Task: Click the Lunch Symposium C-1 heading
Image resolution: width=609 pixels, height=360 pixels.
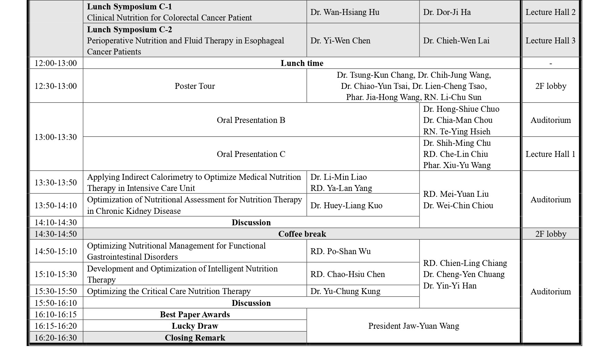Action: [129, 7]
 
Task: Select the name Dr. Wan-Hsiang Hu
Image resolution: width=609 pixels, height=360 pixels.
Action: [345, 12]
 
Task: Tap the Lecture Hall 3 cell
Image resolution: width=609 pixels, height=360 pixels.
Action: [550, 41]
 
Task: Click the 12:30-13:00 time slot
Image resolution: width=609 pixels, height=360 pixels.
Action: [56, 86]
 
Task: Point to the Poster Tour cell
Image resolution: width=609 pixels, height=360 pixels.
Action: [195, 86]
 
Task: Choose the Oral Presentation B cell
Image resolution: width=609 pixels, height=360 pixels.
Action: [251, 120]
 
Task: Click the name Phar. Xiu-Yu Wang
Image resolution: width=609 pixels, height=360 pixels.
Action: [457, 165]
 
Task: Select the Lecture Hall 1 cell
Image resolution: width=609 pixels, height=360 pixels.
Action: [550, 154]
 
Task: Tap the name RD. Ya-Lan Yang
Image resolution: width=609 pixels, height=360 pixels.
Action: [341, 188]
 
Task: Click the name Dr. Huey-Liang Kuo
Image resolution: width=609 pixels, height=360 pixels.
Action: [346, 206]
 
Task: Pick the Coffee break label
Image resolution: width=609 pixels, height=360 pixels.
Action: [302, 234]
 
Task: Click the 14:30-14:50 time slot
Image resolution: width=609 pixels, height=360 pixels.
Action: [56, 234]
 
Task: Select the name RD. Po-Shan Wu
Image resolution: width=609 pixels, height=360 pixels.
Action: [340, 251]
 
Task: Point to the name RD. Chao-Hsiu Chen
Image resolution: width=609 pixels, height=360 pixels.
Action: [347, 274]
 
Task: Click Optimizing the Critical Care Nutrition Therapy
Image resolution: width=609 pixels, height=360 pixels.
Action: [169, 291]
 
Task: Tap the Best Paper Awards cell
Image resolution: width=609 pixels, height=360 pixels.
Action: [195, 315]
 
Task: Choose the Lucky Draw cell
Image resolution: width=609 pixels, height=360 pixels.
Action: [195, 326]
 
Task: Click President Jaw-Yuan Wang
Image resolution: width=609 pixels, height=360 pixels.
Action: [414, 326]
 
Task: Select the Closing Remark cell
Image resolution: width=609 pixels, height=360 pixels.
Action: [195, 338]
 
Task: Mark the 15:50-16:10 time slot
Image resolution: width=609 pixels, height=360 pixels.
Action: [56, 303]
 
